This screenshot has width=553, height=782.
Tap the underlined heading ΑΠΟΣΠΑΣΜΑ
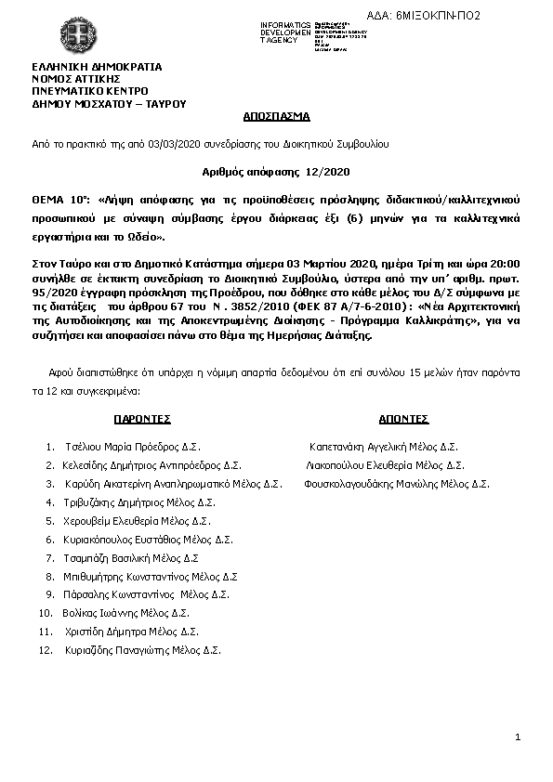tap(276, 118)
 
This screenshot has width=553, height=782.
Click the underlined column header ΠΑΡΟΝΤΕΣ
tap(143, 419)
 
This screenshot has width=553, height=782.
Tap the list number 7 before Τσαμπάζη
tap(49, 557)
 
